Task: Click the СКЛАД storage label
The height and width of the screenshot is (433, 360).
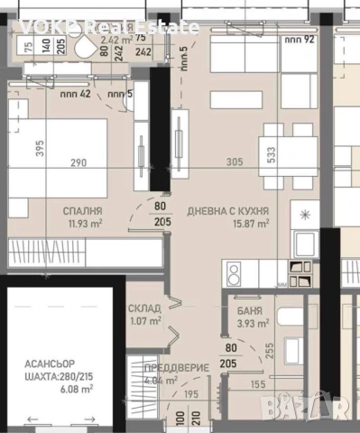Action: click(143, 307)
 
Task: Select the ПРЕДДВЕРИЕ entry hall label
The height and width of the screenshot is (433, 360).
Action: click(177, 368)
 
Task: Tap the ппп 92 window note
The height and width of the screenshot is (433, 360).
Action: click(295, 39)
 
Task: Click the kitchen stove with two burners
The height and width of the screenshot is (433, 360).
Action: click(234, 271)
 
